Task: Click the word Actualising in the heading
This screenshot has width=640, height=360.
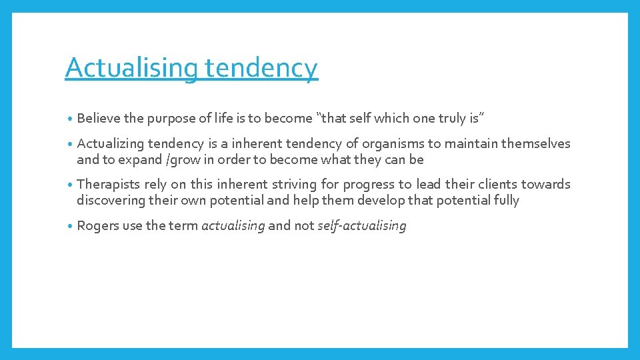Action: pos(131,68)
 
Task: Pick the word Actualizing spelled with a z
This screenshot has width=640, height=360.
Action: pos(111,143)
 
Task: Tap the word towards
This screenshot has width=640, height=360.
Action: pos(546,184)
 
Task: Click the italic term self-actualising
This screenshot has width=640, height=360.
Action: pos(361,225)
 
